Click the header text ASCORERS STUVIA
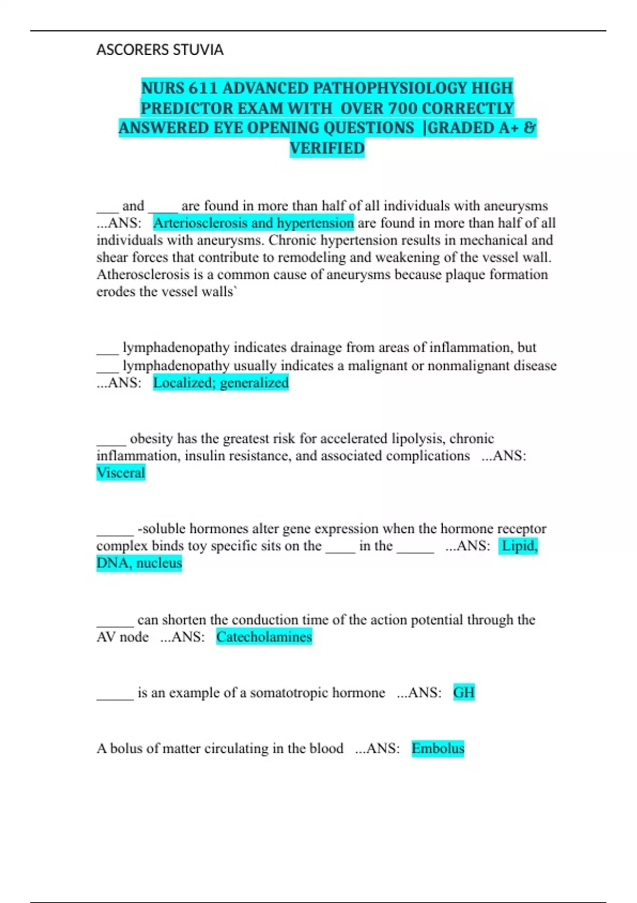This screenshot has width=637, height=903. [160, 50]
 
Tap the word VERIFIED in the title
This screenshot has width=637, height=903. [327, 148]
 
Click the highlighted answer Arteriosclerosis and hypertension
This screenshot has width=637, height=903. [253, 223]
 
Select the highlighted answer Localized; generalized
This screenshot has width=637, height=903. [221, 383]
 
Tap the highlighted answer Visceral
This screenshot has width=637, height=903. [120, 473]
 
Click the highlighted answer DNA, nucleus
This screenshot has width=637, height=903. [139, 563]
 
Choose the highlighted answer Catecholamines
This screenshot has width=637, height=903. [264, 637]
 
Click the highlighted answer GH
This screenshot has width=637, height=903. [464, 693]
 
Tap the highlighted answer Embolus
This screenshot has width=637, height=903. [438, 748]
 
